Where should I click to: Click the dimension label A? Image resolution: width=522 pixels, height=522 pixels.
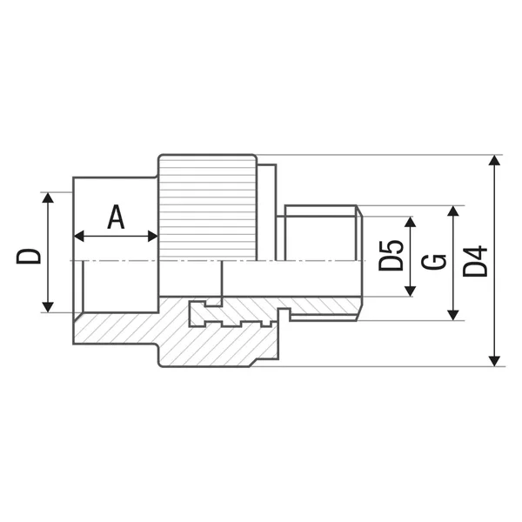(x=116, y=217)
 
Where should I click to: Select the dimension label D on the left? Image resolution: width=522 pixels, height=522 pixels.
(x=29, y=257)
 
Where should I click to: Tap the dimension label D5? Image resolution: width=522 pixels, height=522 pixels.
(x=391, y=256)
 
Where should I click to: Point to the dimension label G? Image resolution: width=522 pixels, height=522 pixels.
(x=434, y=263)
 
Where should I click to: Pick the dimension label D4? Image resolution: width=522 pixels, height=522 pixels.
(x=475, y=261)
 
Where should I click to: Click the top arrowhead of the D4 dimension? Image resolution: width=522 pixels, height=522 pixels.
(x=495, y=160)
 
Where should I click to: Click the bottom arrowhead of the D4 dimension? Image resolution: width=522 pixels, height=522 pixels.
(x=495, y=361)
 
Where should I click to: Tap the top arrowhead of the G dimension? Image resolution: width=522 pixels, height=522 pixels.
(x=453, y=211)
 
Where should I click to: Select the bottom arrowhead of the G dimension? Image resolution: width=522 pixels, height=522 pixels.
(x=453, y=315)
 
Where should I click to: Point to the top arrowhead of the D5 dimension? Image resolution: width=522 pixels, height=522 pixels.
(x=410, y=222)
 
